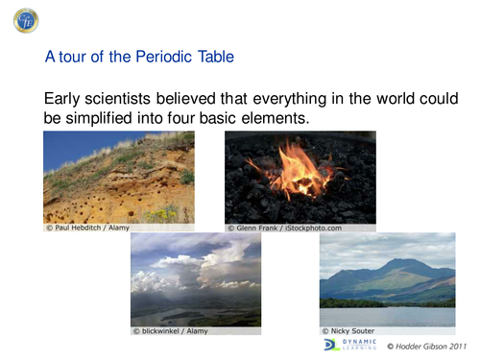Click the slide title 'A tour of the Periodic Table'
(x=139, y=58)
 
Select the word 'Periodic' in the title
(x=159, y=58)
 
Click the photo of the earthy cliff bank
(x=118, y=177)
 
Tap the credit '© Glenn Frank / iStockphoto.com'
(x=284, y=228)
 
